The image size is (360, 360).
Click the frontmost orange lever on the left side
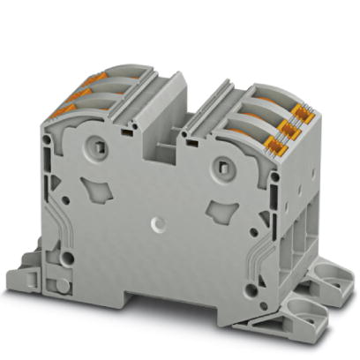64,109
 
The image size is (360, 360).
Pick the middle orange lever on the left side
72,93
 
